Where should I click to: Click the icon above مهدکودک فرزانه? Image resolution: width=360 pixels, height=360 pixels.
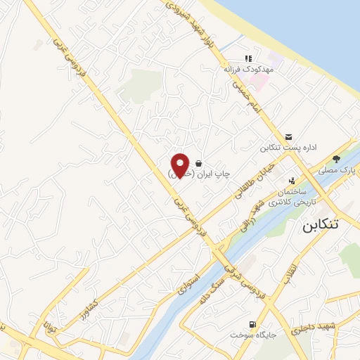pos(247,58)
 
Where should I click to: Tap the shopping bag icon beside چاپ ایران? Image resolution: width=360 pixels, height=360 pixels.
pos(200,162)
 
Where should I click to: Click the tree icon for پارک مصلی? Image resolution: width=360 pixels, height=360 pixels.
pos(336,159)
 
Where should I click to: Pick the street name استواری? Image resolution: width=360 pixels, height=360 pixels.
pos(189,278)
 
